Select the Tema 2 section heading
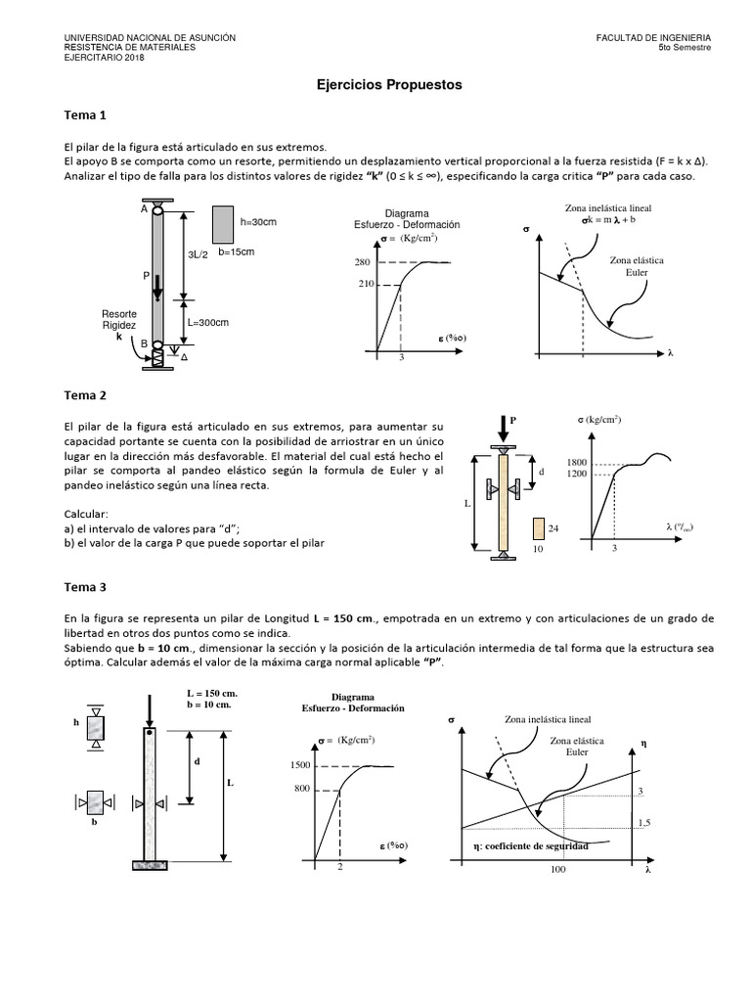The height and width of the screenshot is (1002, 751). click(84, 395)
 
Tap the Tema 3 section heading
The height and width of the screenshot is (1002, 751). click(84, 588)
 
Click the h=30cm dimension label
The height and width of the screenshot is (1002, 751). click(258, 222)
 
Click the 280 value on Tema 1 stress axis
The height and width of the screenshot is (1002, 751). click(363, 262)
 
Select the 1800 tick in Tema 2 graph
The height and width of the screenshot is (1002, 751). click(577, 462)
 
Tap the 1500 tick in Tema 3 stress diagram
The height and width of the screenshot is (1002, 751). click(299, 765)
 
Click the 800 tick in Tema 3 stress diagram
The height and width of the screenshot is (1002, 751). click(301, 789)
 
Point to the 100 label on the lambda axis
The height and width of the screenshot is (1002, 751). click(558, 869)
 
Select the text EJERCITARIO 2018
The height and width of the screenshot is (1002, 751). click(103, 57)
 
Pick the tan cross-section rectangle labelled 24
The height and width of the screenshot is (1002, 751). click(538, 529)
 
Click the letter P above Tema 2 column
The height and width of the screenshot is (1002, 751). click(511, 419)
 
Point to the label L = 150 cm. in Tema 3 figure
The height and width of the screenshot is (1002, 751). click(212, 693)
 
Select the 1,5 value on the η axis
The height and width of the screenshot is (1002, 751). click(643, 824)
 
